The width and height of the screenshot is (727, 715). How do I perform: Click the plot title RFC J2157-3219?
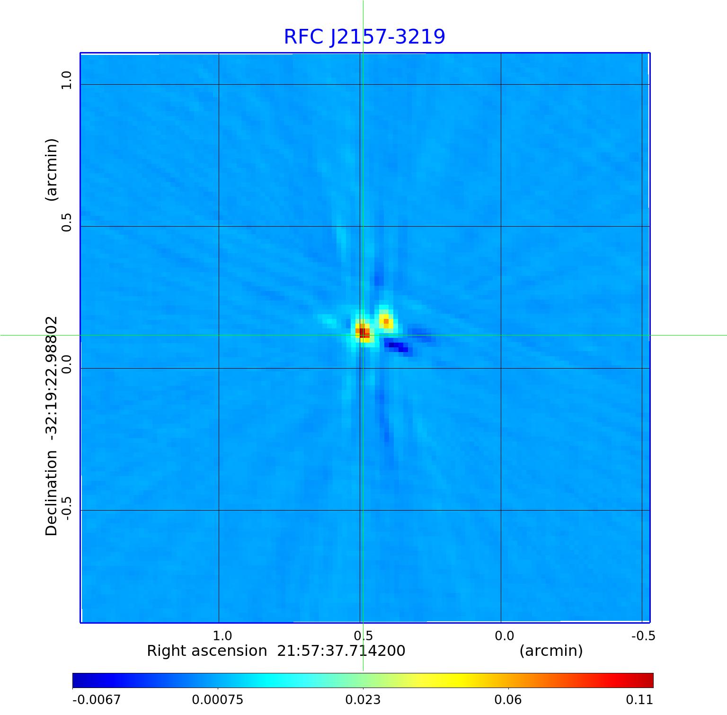(364, 37)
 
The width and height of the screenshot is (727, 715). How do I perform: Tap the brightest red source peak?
(363, 332)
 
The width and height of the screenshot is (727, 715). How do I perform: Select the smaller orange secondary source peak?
(386, 321)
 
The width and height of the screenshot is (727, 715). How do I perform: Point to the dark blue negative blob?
(398, 347)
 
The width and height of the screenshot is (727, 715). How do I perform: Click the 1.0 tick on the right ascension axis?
(222, 636)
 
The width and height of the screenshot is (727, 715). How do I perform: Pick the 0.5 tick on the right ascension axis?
(363, 636)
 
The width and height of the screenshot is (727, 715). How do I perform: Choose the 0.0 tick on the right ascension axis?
(504, 636)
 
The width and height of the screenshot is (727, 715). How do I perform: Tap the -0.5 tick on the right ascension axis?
(643, 636)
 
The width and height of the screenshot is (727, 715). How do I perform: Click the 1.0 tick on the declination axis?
(66, 80)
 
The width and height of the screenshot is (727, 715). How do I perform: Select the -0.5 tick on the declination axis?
(66, 509)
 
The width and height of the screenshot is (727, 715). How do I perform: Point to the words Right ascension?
(207, 651)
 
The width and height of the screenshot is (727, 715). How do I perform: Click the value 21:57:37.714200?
(341, 651)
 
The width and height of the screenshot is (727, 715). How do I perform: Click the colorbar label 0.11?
(639, 699)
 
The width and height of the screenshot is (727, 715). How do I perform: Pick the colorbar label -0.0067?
(96, 699)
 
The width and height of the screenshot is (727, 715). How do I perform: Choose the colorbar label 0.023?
(363, 699)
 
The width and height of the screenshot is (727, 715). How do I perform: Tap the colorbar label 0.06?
(508, 699)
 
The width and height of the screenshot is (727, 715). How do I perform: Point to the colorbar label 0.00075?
(218, 699)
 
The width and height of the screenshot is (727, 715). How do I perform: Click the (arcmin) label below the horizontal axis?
(551, 651)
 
